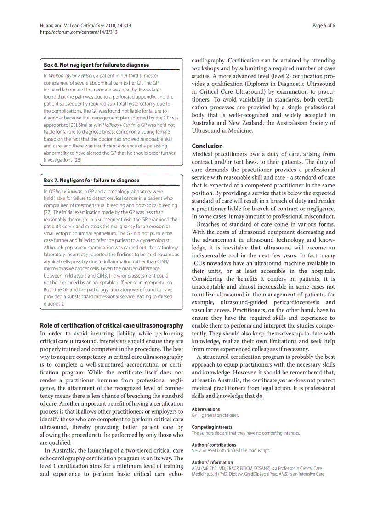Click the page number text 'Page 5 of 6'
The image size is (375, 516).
click(324, 26)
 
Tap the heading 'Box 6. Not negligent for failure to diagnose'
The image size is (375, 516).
click(97, 65)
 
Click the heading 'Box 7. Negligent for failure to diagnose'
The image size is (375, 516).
click(92, 181)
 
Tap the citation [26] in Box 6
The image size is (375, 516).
click(78, 160)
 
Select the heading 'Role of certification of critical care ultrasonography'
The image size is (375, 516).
click(112, 326)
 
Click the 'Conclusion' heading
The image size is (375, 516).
click(207, 146)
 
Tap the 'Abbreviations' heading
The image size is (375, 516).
click(206, 409)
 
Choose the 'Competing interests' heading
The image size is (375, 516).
click(212, 427)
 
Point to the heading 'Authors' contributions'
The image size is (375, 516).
click(214, 445)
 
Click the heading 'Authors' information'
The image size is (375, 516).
click(212, 462)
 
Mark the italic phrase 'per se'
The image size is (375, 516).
click(286, 380)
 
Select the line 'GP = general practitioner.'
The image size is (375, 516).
click(215, 415)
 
